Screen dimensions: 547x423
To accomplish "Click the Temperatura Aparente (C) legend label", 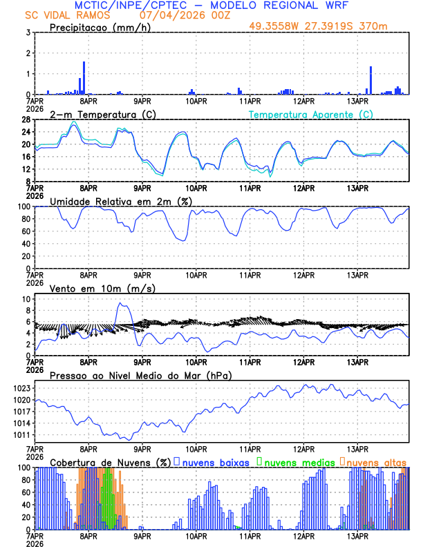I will [310, 114].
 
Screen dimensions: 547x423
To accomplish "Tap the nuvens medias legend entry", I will [294, 461].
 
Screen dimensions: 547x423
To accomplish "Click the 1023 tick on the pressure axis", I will [21, 388].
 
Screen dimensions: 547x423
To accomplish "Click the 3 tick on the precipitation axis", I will [28, 32].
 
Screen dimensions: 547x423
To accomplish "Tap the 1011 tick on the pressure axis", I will [21, 435].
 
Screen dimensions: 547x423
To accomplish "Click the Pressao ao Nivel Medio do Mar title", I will [140, 375].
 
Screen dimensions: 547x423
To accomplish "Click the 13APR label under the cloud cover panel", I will [357, 535].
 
